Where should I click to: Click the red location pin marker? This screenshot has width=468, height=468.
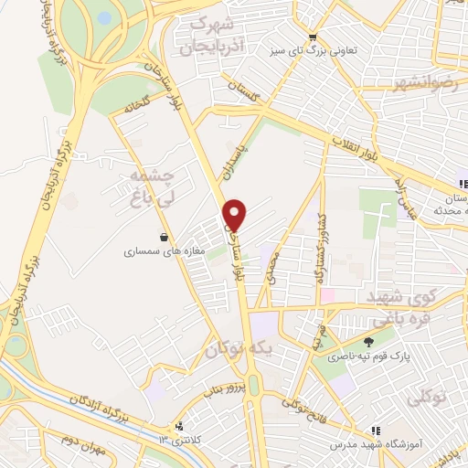coord(235,215)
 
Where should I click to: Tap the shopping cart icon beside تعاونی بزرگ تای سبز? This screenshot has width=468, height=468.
coord(314,38)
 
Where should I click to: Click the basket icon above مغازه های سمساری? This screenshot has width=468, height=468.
coord(164,237)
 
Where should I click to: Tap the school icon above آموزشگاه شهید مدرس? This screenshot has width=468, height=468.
coord(374,429)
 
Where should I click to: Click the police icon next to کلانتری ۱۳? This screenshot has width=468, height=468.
coord(179,425)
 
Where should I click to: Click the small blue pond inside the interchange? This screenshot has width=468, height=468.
coord(104,17)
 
